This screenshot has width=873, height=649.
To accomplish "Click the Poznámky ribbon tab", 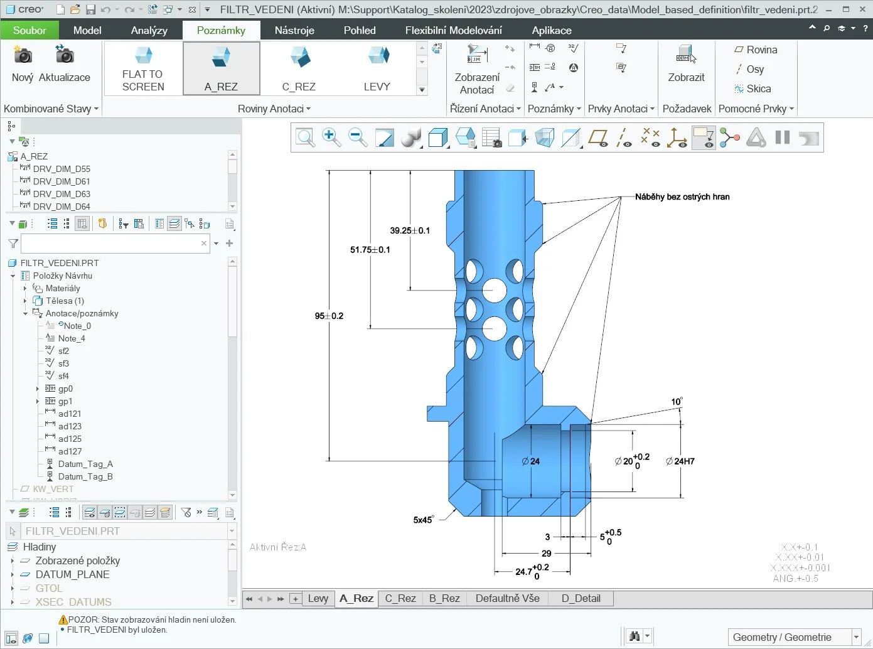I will (x=221, y=30).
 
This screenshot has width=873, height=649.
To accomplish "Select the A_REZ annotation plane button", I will (x=221, y=69).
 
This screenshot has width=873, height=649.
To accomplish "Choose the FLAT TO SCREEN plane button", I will (x=142, y=69).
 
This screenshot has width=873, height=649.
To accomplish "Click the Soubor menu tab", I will (x=29, y=30).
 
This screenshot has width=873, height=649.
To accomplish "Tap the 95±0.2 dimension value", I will (x=329, y=316).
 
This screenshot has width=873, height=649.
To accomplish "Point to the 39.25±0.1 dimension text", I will (x=410, y=230).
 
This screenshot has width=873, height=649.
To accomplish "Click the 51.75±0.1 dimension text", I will (x=370, y=250).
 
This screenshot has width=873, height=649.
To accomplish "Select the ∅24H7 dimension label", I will (x=680, y=461).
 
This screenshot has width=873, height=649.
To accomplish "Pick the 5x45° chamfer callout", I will (x=423, y=520).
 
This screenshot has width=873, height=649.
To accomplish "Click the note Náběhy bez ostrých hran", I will (x=682, y=196).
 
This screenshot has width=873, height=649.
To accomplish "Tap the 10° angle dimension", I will (x=677, y=402).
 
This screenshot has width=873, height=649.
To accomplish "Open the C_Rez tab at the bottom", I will (x=400, y=598).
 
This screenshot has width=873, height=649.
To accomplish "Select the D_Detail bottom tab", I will (x=581, y=598).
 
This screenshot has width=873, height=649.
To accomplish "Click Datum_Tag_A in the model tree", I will (x=85, y=464).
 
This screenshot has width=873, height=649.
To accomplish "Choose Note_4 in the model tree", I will (x=72, y=338).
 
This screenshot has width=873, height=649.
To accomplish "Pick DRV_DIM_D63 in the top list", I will (x=62, y=194).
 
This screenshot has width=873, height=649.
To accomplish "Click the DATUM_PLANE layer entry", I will (x=72, y=574).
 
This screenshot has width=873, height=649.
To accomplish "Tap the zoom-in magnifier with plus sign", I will (x=331, y=137).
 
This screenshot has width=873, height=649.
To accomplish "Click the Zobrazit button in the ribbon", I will (x=686, y=66).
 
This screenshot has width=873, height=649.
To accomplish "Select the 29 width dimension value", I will (x=547, y=554).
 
